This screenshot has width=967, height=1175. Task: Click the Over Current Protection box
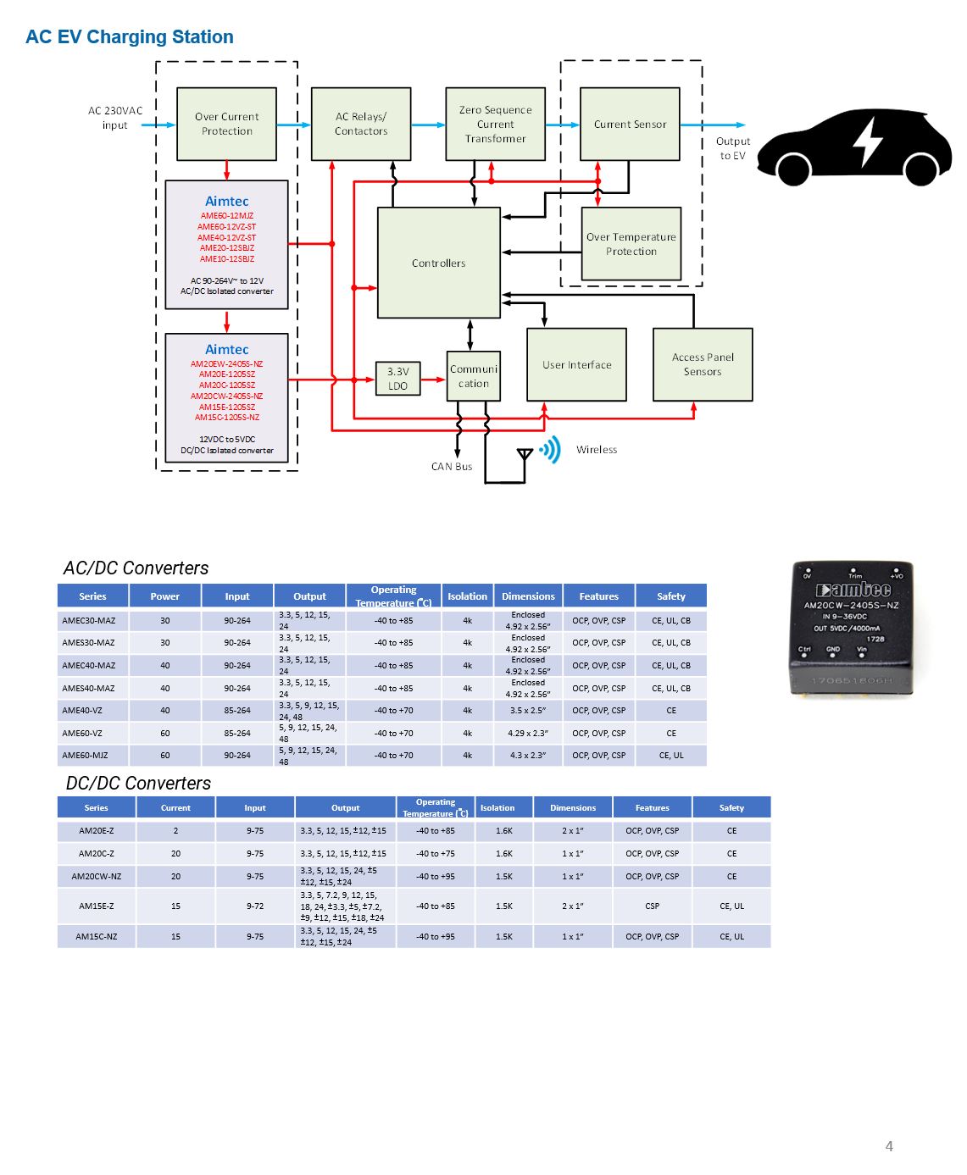click(x=226, y=124)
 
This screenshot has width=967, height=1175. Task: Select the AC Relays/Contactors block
click(x=361, y=124)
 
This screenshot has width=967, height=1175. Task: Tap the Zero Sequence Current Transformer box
click(x=495, y=124)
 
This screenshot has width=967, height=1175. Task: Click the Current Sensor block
click(x=630, y=124)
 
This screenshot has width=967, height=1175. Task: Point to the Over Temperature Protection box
click(x=631, y=244)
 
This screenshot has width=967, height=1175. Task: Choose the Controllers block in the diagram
click(x=438, y=263)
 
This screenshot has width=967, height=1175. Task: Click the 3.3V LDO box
click(x=397, y=379)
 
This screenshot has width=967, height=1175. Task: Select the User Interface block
click(x=576, y=364)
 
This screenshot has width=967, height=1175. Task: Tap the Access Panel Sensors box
click(x=703, y=364)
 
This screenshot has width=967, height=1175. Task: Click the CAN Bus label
click(x=452, y=467)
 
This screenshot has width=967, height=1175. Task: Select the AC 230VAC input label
click(x=115, y=118)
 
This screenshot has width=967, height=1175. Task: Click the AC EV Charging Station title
click(x=130, y=37)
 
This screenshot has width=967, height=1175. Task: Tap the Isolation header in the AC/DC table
click(x=467, y=596)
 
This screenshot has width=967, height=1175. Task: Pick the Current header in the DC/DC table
click(x=175, y=807)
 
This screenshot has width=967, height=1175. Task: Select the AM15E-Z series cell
click(x=96, y=906)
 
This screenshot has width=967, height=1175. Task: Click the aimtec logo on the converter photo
click(x=853, y=590)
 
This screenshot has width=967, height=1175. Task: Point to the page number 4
click(x=889, y=1146)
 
